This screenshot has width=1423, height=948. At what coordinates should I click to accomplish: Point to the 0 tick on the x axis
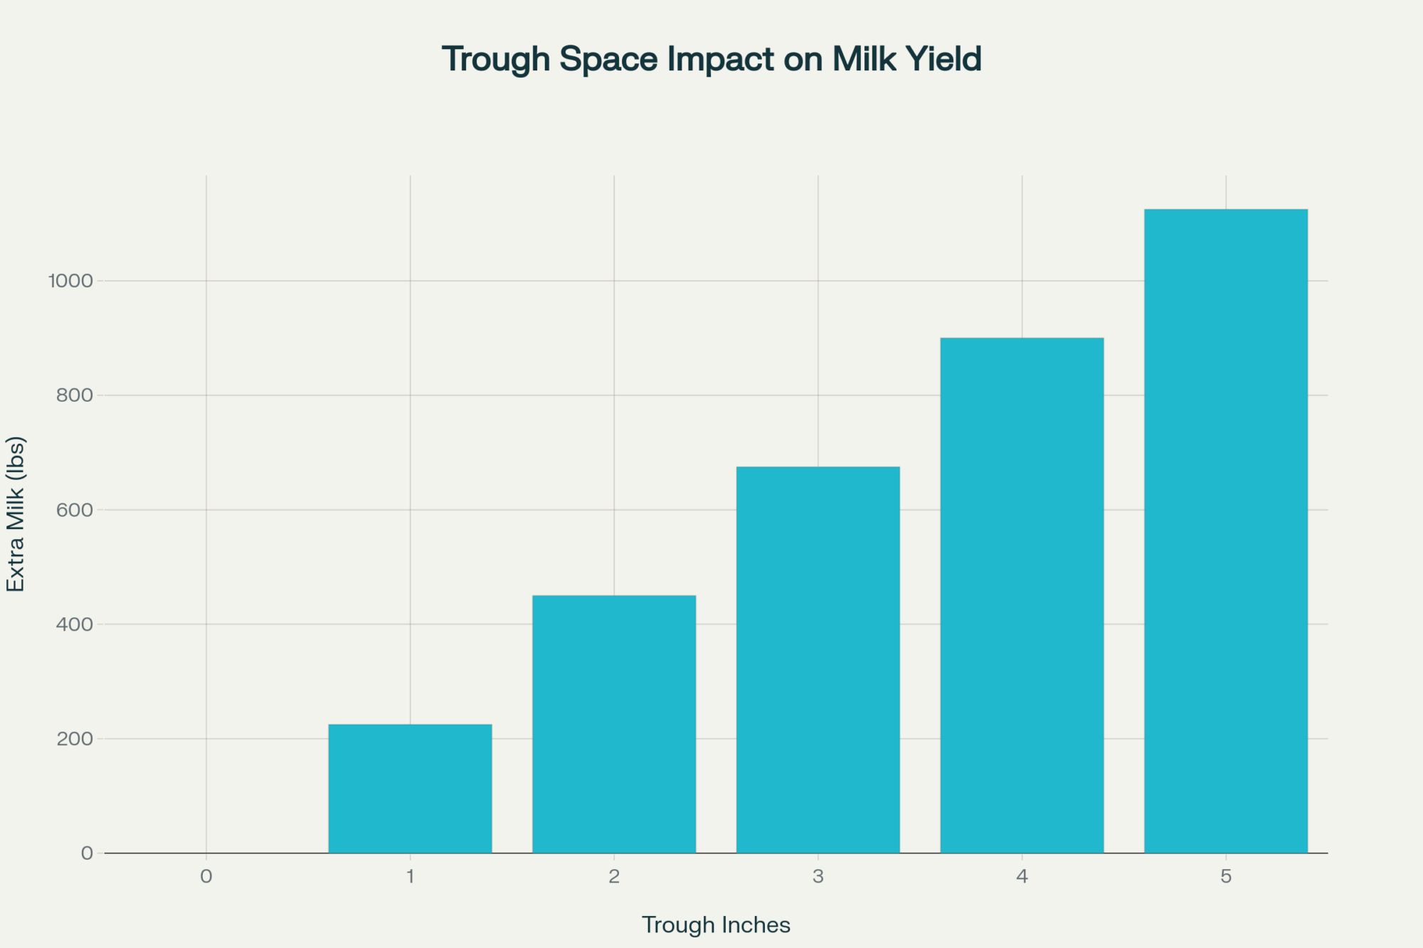[206, 876]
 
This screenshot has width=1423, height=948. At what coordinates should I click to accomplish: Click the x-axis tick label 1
[411, 876]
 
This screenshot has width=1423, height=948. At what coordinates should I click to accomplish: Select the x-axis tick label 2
[614, 876]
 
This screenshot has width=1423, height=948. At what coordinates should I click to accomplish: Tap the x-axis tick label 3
[818, 876]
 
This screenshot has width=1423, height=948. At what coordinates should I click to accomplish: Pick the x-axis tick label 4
[1022, 876]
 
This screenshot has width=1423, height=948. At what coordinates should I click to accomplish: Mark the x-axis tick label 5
[1226, 876]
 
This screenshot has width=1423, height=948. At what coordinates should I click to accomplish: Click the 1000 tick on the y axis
[70, 281]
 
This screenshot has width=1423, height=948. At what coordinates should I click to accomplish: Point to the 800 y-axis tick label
[75, 395]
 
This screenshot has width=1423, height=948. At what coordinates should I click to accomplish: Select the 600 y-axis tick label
[75, 510]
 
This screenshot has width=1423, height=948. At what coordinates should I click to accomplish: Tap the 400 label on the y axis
[75, 624]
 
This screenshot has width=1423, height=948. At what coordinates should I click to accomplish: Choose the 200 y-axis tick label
[75, 739]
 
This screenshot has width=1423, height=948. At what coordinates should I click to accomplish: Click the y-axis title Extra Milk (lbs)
[16, 513]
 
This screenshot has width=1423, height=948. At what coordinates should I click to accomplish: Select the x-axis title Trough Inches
[716, 925]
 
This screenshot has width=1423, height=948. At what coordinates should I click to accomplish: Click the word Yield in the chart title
[944, 59]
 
